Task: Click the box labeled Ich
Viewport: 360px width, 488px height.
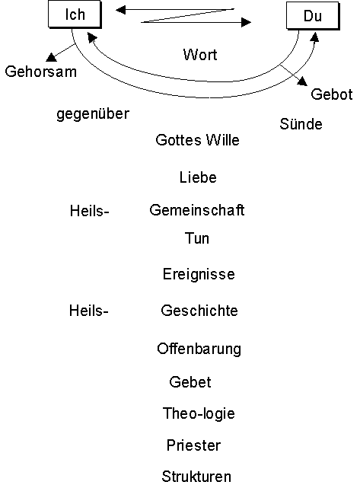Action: [75, 14]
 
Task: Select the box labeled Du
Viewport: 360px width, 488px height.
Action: [313, 16]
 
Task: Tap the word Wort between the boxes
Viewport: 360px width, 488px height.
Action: [200, 55]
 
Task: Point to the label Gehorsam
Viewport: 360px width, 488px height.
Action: [41, 72]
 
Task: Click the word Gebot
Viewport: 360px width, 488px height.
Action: [332, 94]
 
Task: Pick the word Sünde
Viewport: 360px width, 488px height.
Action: [301, 124]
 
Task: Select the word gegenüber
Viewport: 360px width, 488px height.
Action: [93, 114]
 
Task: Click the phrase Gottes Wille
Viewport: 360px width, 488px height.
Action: [198, 140]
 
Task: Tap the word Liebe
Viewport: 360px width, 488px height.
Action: [198, 177]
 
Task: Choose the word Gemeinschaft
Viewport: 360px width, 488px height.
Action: [197, 210]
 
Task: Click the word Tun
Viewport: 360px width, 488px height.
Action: [197, 238]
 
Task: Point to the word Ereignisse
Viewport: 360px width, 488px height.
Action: [199, 274]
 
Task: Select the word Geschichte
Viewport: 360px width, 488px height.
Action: [199, 311]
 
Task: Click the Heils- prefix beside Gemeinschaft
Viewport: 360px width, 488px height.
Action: [90, 211]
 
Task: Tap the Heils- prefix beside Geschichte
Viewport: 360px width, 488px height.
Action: [89, 311]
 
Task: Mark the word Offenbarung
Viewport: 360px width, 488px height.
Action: [199, 349]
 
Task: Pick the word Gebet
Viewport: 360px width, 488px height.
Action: [190, 382]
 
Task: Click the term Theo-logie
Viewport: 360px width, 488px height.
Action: [199, 414]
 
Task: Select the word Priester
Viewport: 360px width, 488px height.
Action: [193, 445]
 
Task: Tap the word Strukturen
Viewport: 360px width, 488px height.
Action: [196, 477]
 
